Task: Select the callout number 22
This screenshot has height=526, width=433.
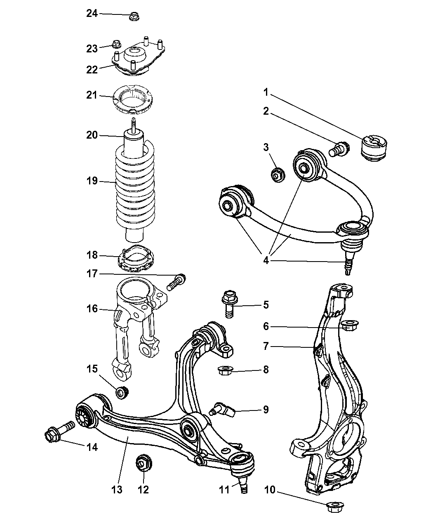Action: [x=92, y=69]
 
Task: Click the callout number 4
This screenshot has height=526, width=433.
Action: [x=266, y=260]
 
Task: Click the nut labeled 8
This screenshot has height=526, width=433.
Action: [x=225, y=370]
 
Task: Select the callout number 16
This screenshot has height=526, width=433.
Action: [x=92, y=308]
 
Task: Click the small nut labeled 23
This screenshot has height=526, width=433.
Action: [x=116, y=44]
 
